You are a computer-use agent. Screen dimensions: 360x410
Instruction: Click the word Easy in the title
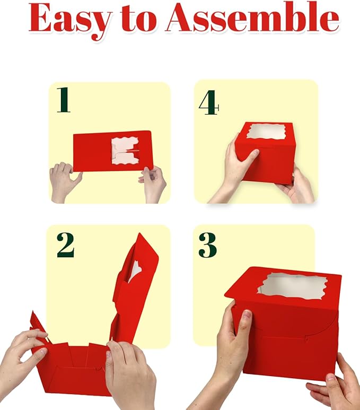pyautogui.click(x=70, y=20)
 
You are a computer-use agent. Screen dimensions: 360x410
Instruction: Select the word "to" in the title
pyautogui.click(x=139, y=19)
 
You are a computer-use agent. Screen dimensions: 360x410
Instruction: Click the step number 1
pyautogui.click(x=64, y=100)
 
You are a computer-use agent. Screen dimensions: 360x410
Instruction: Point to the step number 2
pyautogui.click(x=66, y=245)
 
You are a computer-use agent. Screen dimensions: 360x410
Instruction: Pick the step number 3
pyautogui.click(x=208, y=245)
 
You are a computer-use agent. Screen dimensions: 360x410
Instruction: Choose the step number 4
pyautogui.click(x=208, y=102)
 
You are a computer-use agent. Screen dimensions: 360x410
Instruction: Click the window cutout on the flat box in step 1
pyautogui.click(x=125, y=151)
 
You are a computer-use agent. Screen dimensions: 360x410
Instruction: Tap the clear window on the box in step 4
pyautogui.click(x=266, y=132)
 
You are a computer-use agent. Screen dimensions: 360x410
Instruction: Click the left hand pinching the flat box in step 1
pyautogui.click(x=65, y=182)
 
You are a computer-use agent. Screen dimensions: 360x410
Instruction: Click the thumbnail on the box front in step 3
pyautogui.click(x=246, y=316)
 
